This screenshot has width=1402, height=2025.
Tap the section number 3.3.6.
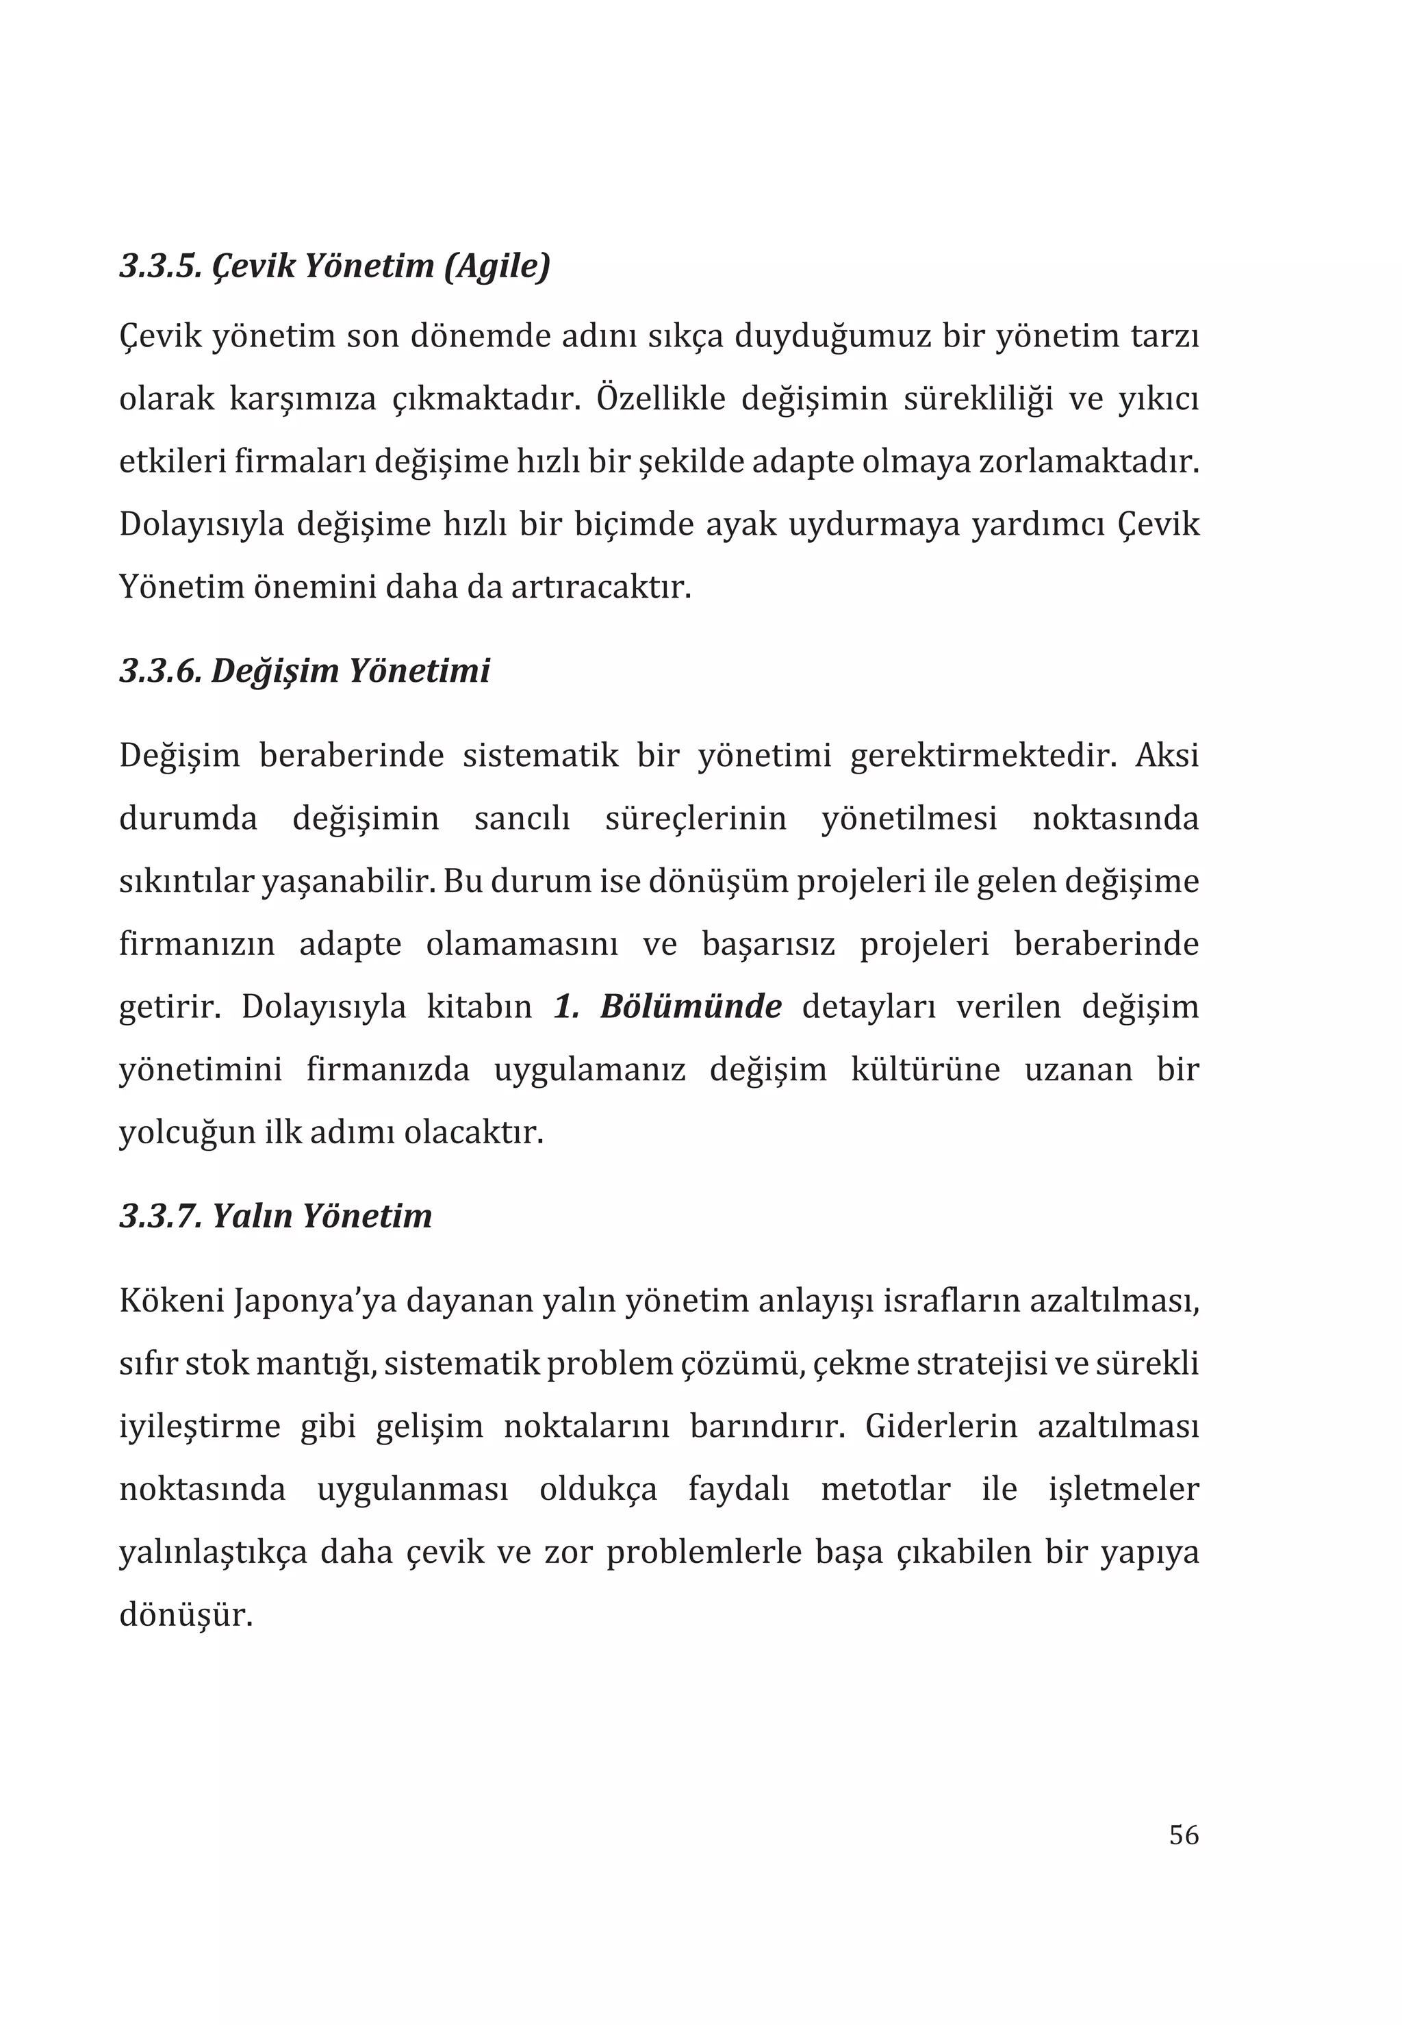(161, 671)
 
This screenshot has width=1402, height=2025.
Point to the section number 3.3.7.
(161, 1216)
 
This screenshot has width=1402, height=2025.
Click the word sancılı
(522, 819)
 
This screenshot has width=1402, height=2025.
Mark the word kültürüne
(925, 1070)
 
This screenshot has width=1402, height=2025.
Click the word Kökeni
(170, 1301)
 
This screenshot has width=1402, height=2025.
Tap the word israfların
(950, 1301)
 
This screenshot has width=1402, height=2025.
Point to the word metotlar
(885, 1490)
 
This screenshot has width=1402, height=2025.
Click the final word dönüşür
(186, 1615)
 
